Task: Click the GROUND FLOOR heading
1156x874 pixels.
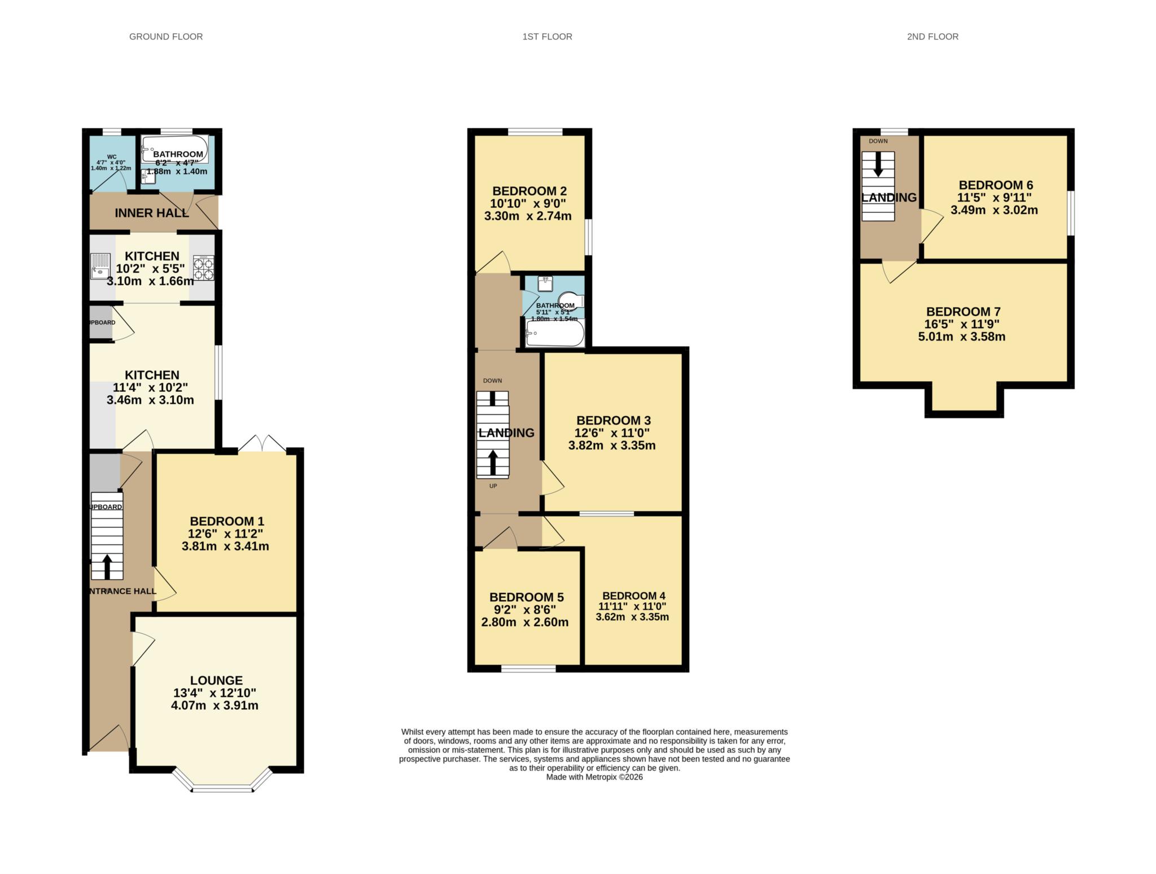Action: pyautogui.click(x=166, y=37)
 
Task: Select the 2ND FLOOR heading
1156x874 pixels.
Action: pyautogui.click(x=932, y=37)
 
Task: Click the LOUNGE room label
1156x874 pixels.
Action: pyautogui.click(x=216, y=680)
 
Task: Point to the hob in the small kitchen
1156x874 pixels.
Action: pyautogui.click(x=203, y=268)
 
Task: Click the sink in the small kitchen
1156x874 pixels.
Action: pyautogui.click(x=101, y=266)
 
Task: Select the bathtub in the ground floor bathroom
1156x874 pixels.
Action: pyautogui.click(x=174, y=149)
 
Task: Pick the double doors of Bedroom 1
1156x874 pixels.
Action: pyautogui.click(x=262, y=443)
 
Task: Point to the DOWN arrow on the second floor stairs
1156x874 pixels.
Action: pyautogui.click(x=878, y=165)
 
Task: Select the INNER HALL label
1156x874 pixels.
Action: pyautogui.click(x=151, y=213)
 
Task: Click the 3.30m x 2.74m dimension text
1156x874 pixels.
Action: pyautogui.click(x=528, y=216)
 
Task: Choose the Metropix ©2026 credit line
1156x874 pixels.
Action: pyautogui.click(x=594, y=777)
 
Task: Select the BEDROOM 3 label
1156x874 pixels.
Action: pyautogui.click(x=613, y=420)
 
